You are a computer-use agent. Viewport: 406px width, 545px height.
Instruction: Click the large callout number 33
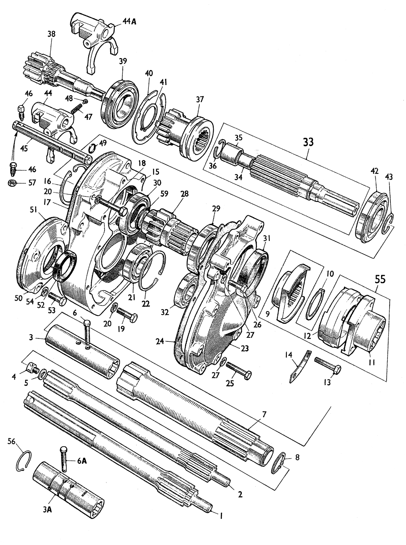point(308,142)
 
